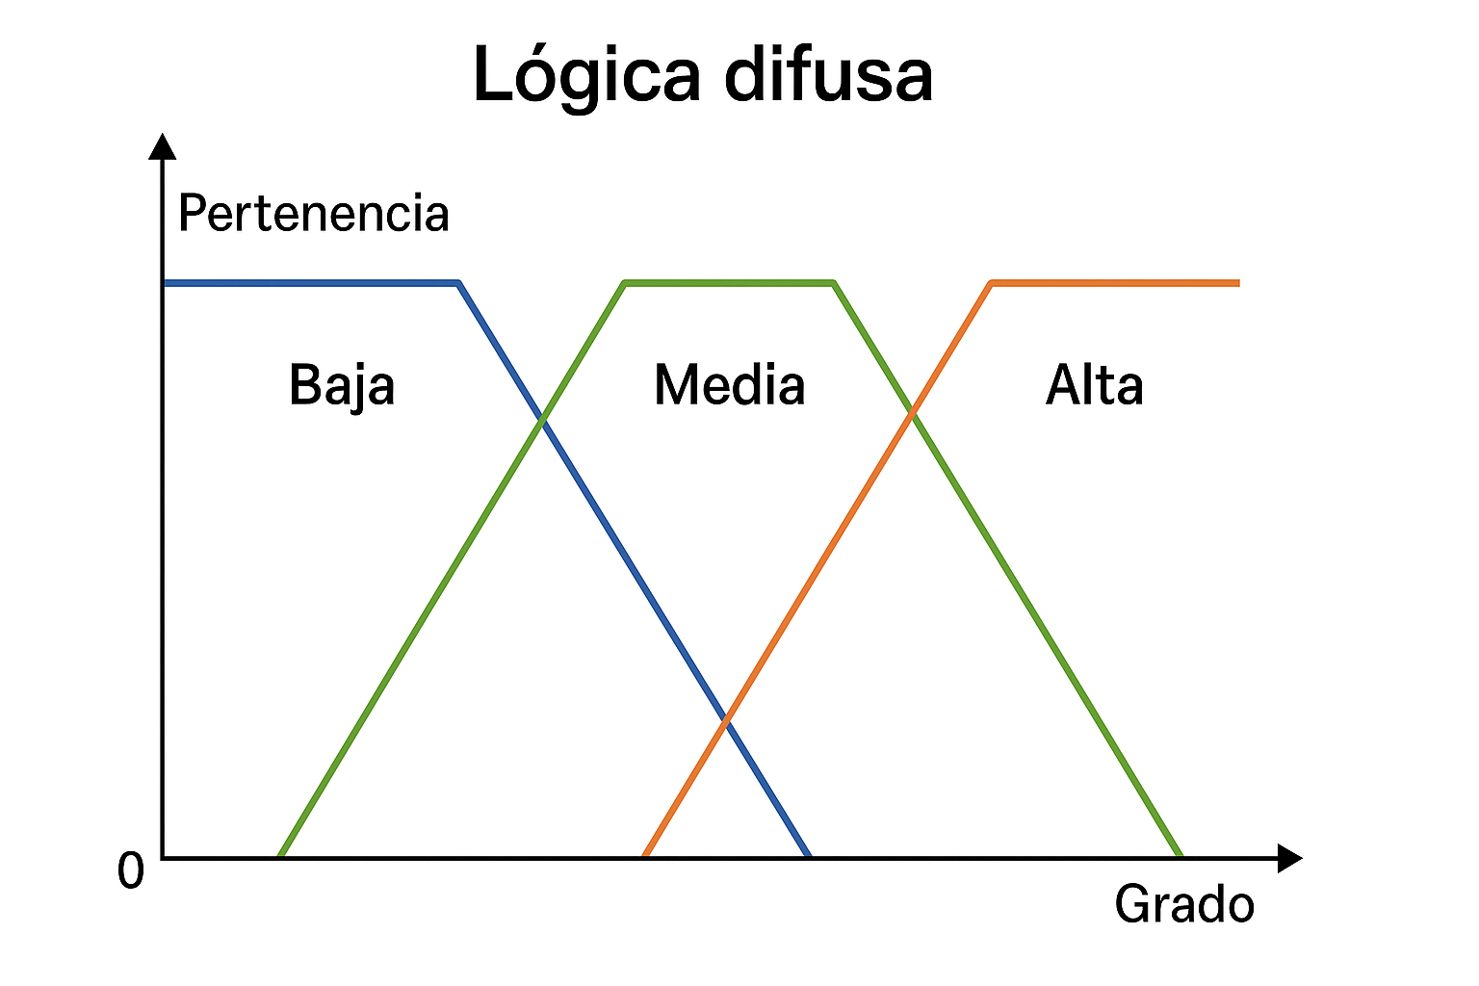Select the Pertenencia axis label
point(314,214)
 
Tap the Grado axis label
point(1184,905)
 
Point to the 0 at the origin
point(130,871)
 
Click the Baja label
point(342,386)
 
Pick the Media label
point(729,385)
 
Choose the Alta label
point(1094,385)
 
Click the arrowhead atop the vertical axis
point(163,145)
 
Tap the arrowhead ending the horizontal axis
point(1289,857)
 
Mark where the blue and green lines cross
point(543,420)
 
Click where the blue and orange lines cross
point(727,719)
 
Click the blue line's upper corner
point(458,283)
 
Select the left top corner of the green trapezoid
point(626,283)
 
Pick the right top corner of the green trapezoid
point(834,283)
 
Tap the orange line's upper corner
point(992,283)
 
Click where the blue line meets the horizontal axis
point(810,855)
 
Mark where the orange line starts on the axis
point(645,855)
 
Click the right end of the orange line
point(1238,283)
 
